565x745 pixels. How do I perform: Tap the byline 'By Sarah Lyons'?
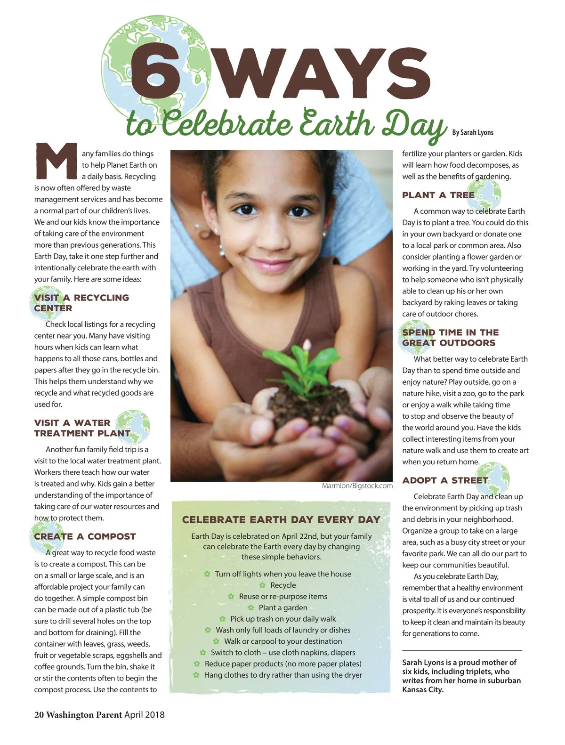(472, 132)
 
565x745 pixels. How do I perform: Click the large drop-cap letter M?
(56, 161)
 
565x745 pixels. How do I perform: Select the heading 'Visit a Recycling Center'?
(81, 303)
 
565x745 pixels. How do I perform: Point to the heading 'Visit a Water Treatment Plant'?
(82, 428)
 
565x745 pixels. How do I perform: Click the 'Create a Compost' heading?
(85, 536)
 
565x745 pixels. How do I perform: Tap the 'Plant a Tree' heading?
(438, 195)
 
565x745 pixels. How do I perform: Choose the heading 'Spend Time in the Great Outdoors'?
(450, 338)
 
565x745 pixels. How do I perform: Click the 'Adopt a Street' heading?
(445, 480)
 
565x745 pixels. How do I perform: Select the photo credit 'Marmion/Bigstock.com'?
(357, 486)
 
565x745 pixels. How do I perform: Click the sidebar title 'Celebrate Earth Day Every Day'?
(281, 519)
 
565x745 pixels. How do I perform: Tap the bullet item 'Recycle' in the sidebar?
(283, 585)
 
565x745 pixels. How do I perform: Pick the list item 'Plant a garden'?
(282, 607)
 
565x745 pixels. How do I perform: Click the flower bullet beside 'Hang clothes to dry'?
(196, 675)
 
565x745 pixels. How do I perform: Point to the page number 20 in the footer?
(39, 714)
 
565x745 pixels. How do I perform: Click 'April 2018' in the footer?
(145, 714)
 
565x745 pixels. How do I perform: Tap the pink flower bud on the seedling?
(307, 346)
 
